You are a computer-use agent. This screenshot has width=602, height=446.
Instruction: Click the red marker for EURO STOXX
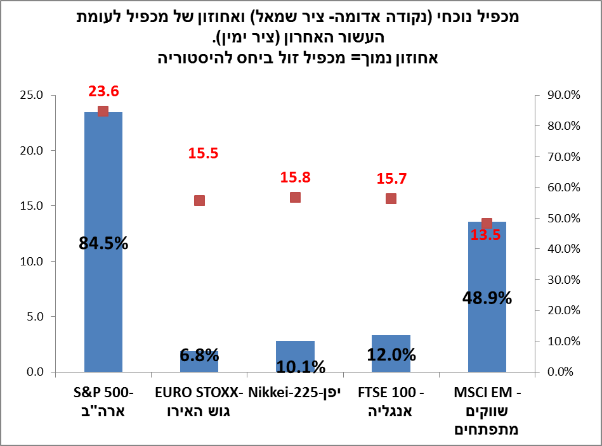point(199,200)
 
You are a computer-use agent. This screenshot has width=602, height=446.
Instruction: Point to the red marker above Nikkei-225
point(295,197)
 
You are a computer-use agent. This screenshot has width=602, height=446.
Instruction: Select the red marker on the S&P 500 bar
point(103,111)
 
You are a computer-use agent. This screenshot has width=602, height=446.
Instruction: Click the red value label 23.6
point(103,92)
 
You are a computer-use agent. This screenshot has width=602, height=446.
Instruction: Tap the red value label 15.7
point(391,179)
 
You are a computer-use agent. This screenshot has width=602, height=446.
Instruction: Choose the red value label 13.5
point(487,236)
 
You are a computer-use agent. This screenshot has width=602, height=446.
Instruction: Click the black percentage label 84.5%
point(103,243)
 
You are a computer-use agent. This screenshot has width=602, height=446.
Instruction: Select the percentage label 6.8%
point(199,355)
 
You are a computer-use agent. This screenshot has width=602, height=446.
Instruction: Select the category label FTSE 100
point(391,402)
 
